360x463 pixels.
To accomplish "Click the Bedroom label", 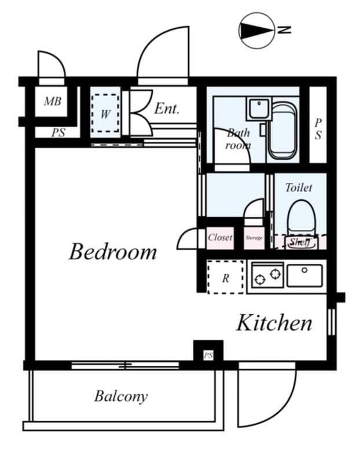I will pyautogui.click(x=113, y=252).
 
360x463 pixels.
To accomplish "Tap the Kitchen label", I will pyautogui.click(x=274, y=323).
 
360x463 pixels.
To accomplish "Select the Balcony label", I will pyautogui.click(x=121, y=396).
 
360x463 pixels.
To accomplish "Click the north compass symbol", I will pyautogui.click(x=258, y=31).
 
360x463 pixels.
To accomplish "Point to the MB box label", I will pyautogui.click(x=53, y=102).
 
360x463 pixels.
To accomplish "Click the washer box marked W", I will pyautogui.click(x=105, y=113).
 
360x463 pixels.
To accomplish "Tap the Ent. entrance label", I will pyautogui.click(x=167, y=108).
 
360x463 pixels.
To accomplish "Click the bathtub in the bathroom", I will pyautogui.click(x=282, y=130).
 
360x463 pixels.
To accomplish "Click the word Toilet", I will pyautogui.click(x=299, y=188).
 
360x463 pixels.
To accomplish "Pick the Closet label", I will pyautogui.click(x=220, y=237).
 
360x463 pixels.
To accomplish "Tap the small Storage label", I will pyautogui.click(x=254, y=238).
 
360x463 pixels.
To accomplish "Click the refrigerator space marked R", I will pyautogui.click(x=225, y=278).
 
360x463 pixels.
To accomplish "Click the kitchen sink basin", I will pyautogui.click(x=304, y=275).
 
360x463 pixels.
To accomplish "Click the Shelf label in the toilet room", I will pyautogui.click(x=299, y=242).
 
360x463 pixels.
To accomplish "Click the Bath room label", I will pyautogui.click(x=237, y=139).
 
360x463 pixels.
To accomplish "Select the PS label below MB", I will pyautogui.click(x=58, y=133).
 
